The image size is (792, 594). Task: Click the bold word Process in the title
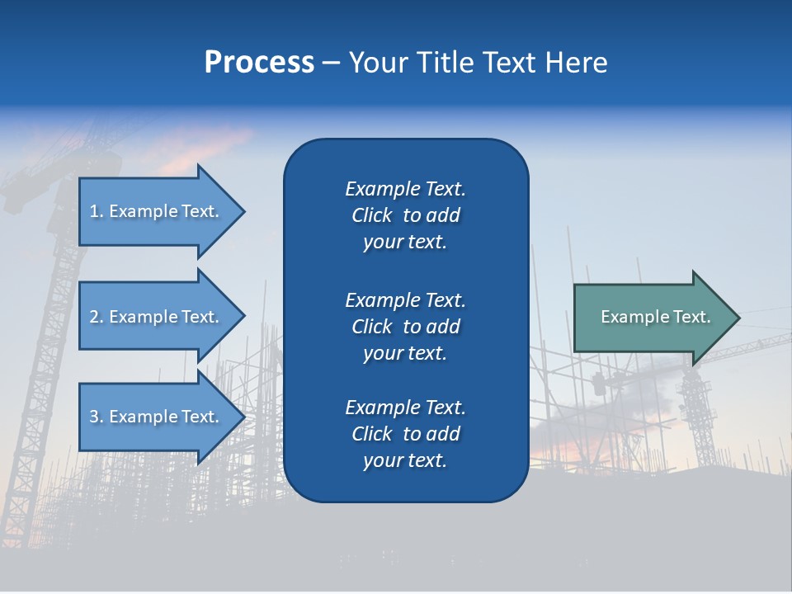259,63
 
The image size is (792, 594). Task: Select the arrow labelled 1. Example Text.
157,211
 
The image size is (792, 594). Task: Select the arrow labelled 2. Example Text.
157,317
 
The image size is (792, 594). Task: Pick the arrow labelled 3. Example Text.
157,417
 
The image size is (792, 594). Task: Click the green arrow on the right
652,318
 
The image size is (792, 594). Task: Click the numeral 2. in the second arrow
97,317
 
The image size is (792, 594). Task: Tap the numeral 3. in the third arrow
97,417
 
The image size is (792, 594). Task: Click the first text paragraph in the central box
405,215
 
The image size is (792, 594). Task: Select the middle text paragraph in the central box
405,327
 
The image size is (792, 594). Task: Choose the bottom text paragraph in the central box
405,434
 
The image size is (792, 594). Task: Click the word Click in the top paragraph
372,216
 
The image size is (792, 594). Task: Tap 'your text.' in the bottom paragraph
405,460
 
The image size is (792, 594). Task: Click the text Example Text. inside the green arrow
655,317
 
